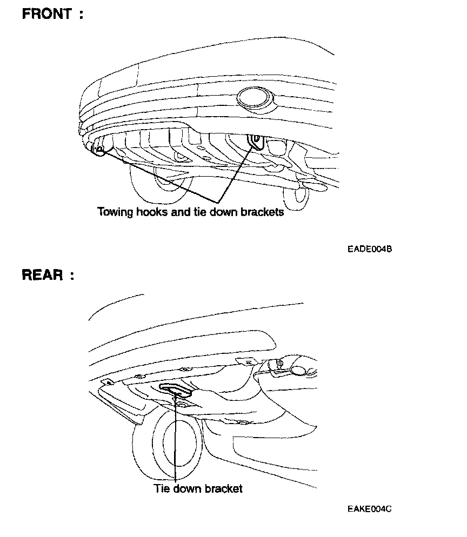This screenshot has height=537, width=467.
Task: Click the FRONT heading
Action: click(x=46, y=15)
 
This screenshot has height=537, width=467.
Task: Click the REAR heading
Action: click(x=43, y=275)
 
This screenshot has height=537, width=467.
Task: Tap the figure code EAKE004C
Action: click(x=370, y=508)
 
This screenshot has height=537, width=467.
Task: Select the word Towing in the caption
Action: click(x=115, y=212)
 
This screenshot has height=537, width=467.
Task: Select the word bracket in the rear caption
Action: click(x=223, y=489)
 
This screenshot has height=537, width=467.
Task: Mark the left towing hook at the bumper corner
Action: click(x=98, y=149)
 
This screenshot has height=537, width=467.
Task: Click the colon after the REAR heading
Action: click(x=71, y=276)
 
